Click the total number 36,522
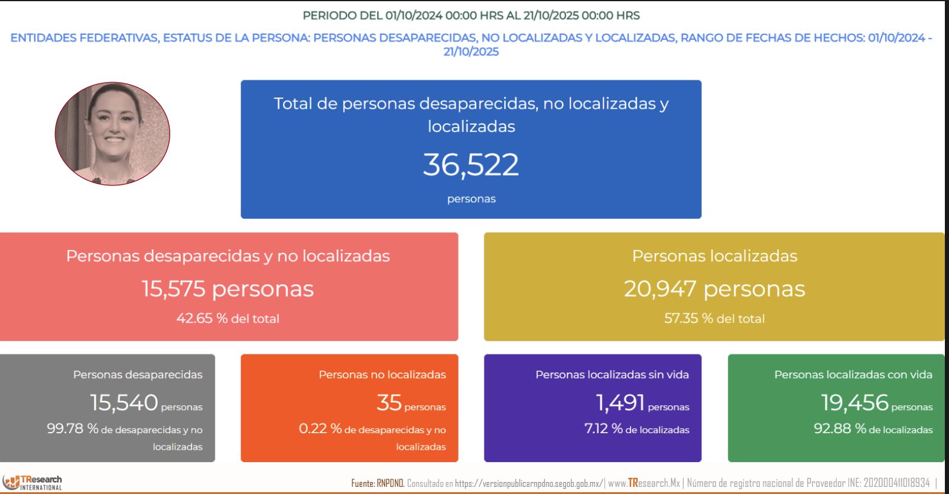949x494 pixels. coord(471,165)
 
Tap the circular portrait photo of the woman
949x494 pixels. coord(112,134)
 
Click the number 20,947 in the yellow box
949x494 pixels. coord(660,289)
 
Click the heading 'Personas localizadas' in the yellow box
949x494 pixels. coord(714,256)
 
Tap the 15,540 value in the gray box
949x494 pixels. coord(124,403)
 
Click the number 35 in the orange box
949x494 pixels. coord(389,403)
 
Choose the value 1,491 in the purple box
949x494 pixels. coord(620,403)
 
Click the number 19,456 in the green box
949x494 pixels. coord(854,403)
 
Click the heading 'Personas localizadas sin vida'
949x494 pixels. coord(612,375)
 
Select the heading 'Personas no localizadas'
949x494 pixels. coord(382,375)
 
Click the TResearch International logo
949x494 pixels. coord(33,482)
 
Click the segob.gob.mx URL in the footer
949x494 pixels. coord(528,483)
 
